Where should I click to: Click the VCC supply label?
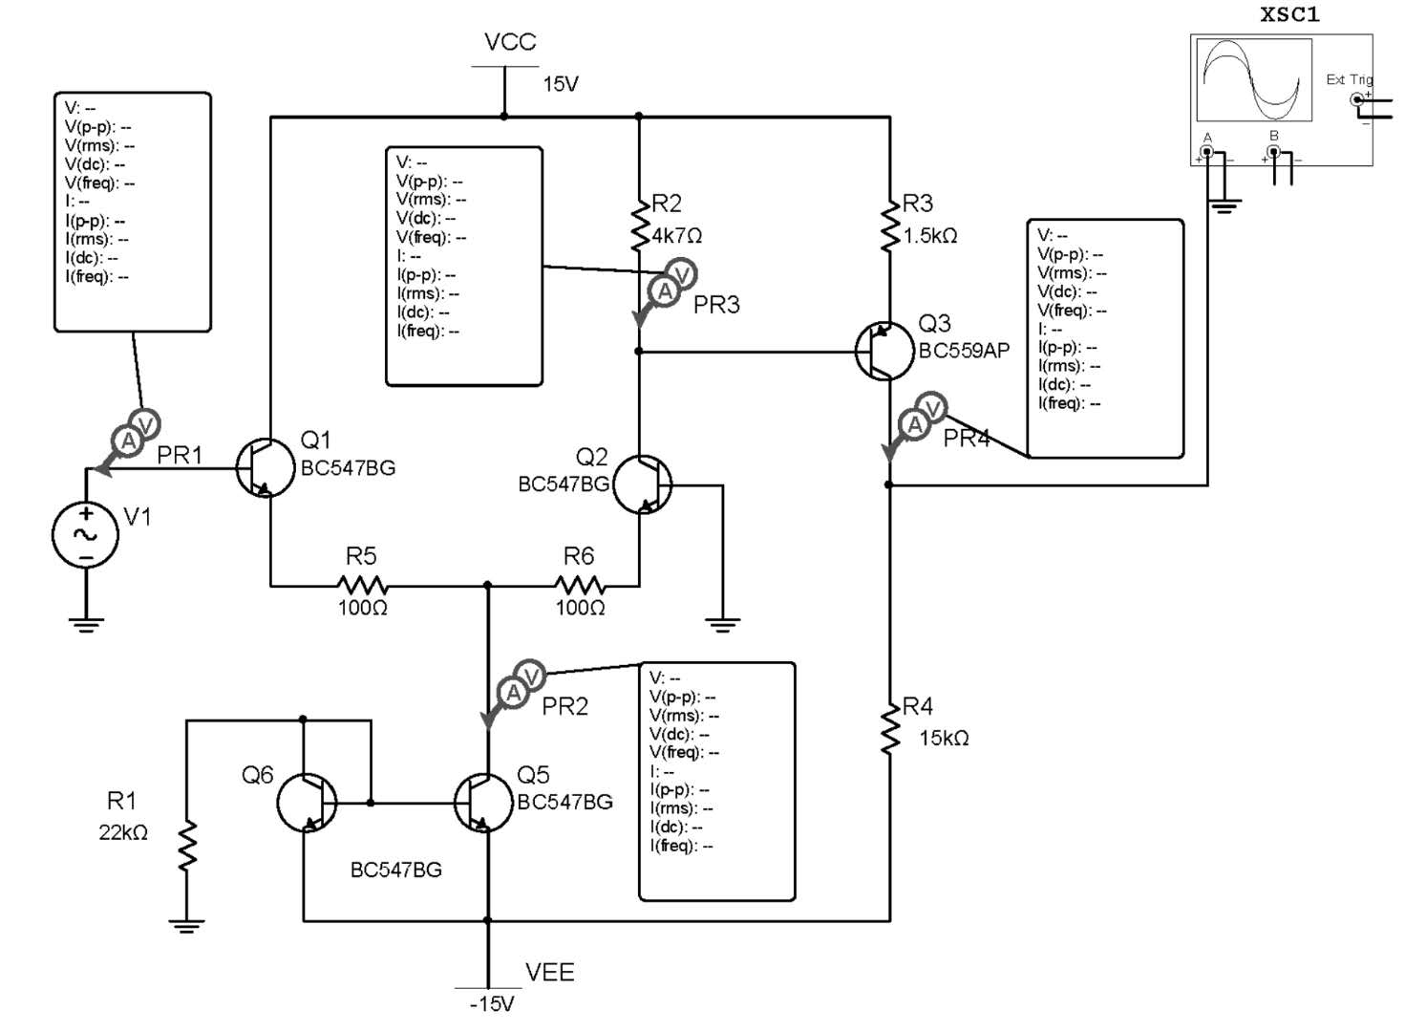510,42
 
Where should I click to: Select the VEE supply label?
549,972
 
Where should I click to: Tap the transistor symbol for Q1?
266,468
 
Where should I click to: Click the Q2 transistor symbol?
642,485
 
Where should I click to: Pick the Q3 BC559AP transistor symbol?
884,352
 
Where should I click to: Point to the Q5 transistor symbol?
483,803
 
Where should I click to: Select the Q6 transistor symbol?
307,803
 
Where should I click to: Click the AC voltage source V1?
85,535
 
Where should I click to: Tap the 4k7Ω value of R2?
677,235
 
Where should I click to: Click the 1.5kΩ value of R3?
929,235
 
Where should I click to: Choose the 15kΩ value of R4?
944,738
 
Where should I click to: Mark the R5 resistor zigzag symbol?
362,585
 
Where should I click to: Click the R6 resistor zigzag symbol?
580,585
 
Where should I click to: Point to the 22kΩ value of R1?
123,832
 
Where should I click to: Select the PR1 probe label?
180,455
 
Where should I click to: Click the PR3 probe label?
716,305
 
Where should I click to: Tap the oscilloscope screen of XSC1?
1253,80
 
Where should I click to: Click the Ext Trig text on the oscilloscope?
1348,79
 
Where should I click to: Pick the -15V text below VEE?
492,1004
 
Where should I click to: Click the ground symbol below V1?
86,625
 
